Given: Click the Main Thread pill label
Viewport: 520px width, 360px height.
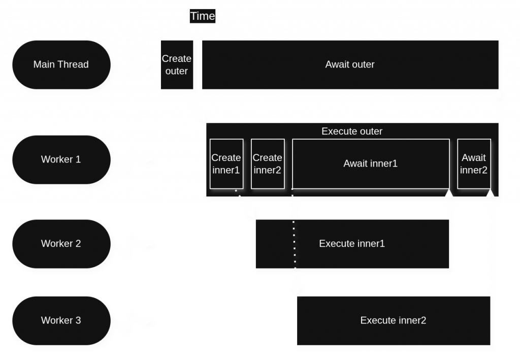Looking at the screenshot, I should (61, 64).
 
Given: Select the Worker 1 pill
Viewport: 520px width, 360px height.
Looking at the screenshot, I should (61, 159).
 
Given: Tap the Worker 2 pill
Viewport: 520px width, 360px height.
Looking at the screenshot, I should (61, 243).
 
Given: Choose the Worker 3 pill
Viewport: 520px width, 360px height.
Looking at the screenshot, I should (61, 320).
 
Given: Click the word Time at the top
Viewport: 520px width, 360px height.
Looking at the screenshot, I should (202, 16).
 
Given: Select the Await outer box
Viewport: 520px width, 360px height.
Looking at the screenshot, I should (350, 65).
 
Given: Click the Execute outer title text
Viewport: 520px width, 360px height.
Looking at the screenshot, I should (352, 131).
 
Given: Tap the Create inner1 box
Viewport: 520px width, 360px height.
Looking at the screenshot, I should (226, 163).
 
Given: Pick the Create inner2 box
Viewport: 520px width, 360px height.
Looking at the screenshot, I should (267, 163).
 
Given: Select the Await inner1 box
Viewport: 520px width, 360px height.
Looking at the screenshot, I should (370, 163).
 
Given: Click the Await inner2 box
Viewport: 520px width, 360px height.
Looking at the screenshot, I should (474, 163).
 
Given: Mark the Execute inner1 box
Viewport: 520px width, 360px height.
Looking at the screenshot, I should (352, 244).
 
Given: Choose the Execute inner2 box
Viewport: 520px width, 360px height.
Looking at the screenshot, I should (393, 320).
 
